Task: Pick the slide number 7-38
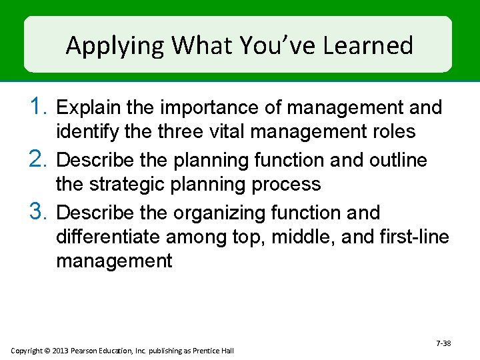click(443, 343)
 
